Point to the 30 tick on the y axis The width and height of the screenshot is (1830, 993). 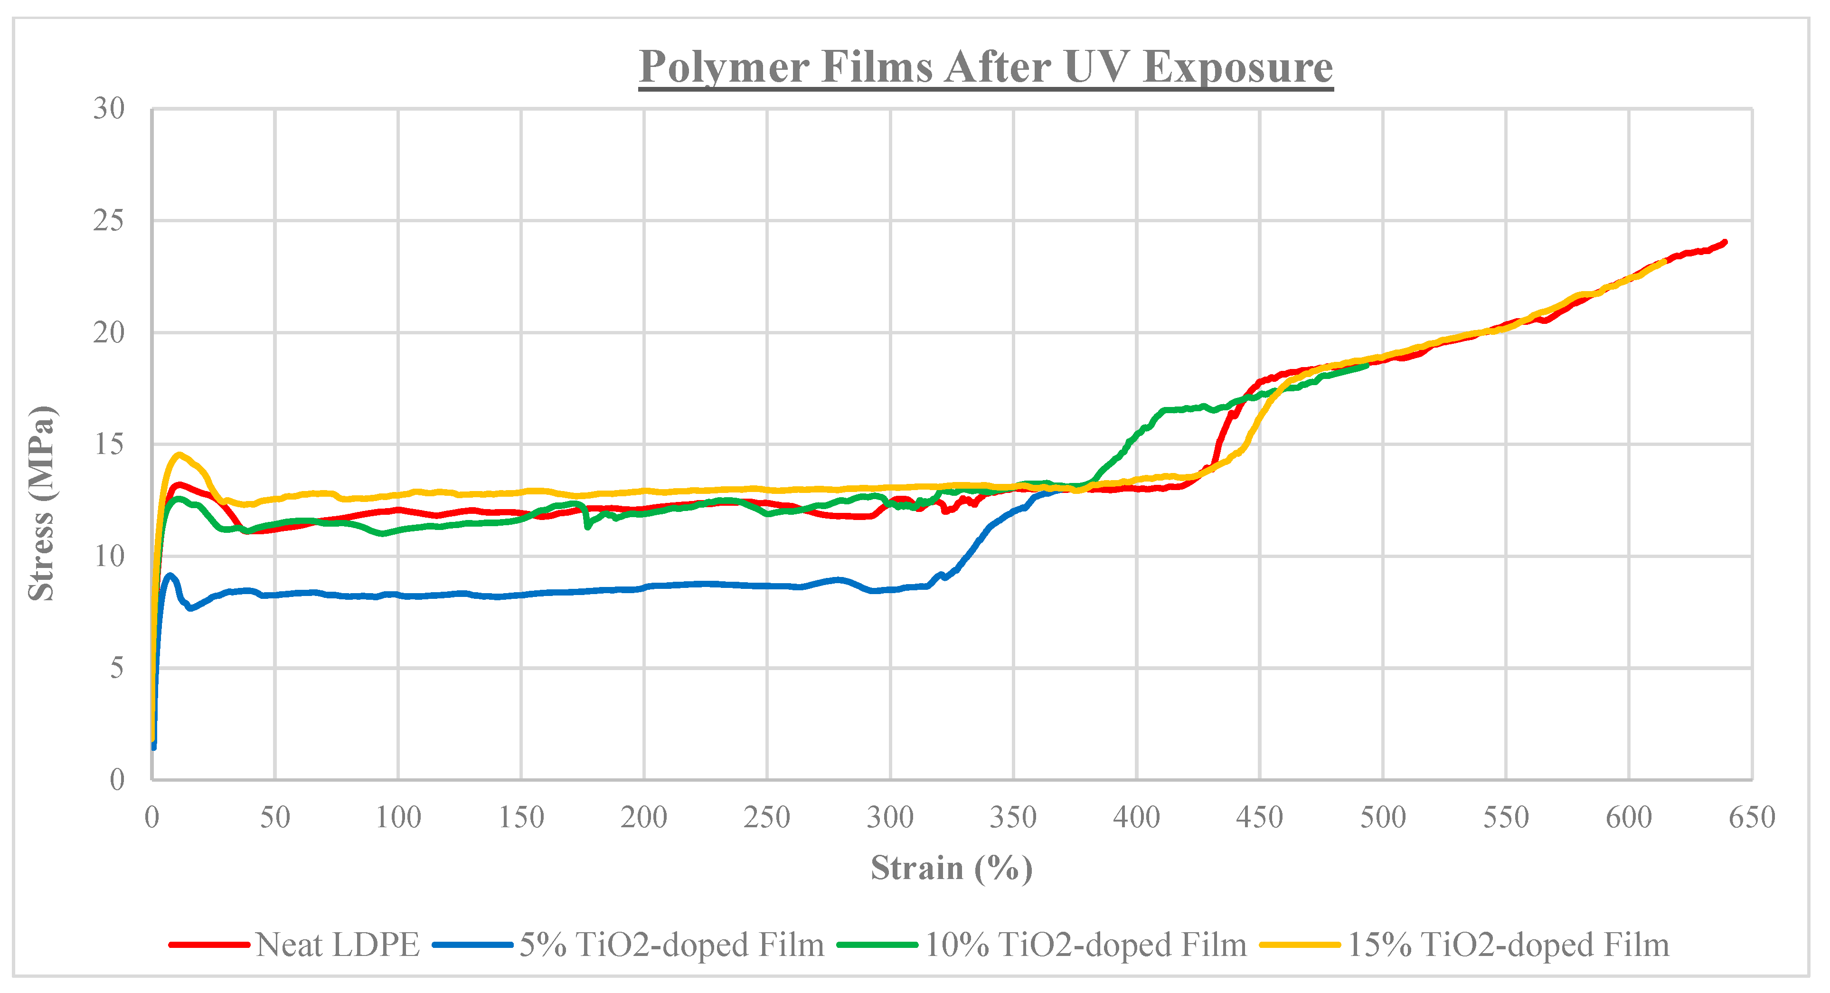(109, 109)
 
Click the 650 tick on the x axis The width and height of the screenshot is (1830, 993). (1752, 818)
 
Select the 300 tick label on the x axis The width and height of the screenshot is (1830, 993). (890, 818)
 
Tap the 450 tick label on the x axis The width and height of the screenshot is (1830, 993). (1260, 818)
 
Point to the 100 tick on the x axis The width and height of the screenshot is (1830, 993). (398, 818)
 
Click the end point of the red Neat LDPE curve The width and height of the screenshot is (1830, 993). (1725, 242)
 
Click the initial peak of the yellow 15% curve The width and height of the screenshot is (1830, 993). (179, 454)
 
